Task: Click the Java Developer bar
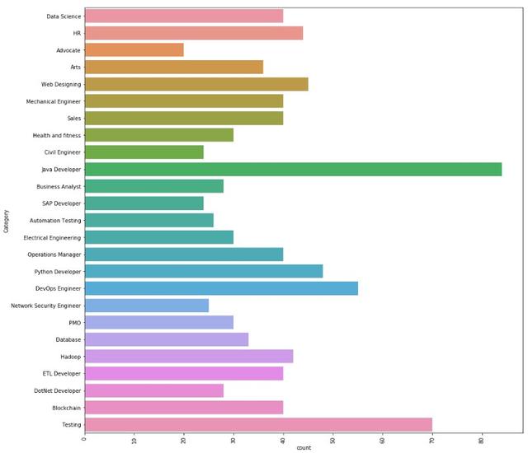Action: click(x=293, y=169)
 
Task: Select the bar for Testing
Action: click(x=258, y=424)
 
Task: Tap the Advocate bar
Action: click(x=134, y=50)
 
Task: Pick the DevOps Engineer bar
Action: click(x=221, y=288)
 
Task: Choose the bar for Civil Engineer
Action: click(x=144, y=152)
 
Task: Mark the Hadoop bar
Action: click(x=189, y=356)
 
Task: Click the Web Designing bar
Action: click(x=196, y=84)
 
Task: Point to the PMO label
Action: click(x=74, y=322)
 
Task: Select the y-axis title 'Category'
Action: click(x=6, y=221)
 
